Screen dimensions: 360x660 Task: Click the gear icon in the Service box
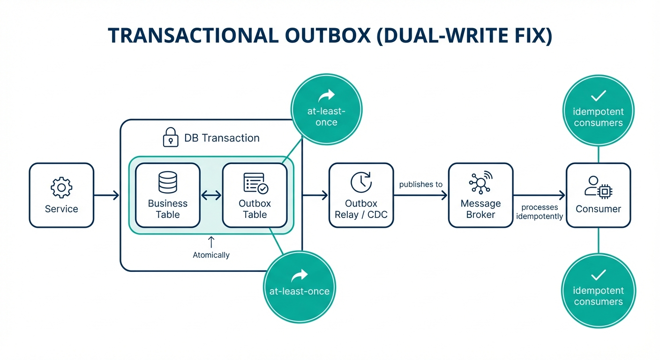(61, 187)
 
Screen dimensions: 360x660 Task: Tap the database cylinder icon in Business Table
(168, 182)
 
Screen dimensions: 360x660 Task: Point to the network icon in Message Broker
(480, 182)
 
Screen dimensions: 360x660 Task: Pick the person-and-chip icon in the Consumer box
(598, 187)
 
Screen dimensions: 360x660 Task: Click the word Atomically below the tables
(211, 255)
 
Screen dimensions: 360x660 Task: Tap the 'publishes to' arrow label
(420, 185)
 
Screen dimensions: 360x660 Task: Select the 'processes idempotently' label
(540, 212)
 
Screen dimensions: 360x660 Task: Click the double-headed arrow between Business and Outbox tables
(211, 195)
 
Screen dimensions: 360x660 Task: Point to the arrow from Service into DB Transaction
(106, 195)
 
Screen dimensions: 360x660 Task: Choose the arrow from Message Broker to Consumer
(539, 195)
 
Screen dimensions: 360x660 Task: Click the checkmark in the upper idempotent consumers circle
(599, 96)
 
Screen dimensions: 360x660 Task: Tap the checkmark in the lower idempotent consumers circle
(599, 274)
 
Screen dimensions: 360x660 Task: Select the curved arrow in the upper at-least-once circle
(326, 97)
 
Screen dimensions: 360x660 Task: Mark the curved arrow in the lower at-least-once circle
(299, 274)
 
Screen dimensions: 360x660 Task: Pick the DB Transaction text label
(222, 138)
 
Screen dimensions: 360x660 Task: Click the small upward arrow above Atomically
(211, 242)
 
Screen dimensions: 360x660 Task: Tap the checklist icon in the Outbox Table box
(255, 183)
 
